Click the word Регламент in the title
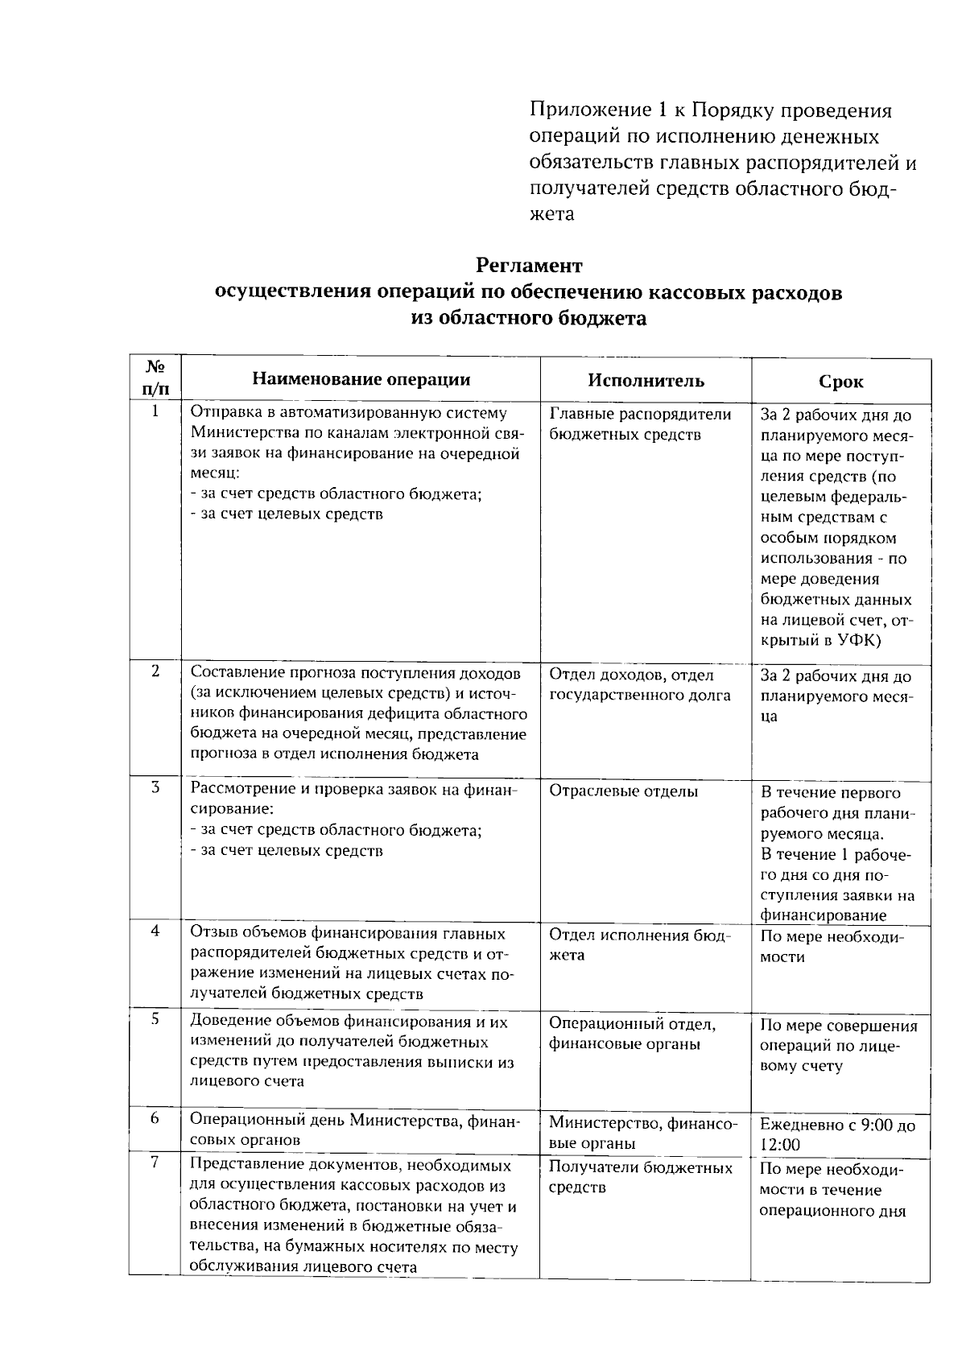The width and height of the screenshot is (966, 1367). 529,265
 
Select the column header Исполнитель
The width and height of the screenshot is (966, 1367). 646,381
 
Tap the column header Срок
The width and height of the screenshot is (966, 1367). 841,382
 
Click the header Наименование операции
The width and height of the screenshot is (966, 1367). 361,379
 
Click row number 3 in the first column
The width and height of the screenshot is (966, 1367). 155,787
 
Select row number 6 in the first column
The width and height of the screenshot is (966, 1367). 155,1119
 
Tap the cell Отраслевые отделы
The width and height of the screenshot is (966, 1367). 623,791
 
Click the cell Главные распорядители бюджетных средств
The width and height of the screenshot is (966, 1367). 640,424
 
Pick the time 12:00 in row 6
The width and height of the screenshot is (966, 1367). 780,1146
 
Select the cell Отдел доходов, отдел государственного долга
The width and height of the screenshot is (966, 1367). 640,685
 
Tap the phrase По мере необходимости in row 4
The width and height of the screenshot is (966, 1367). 832,947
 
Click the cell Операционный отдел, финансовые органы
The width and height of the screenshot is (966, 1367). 633,1034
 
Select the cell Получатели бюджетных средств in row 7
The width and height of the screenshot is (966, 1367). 641,1177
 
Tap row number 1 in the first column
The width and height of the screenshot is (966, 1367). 155,411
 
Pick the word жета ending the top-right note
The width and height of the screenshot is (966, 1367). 552,214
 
